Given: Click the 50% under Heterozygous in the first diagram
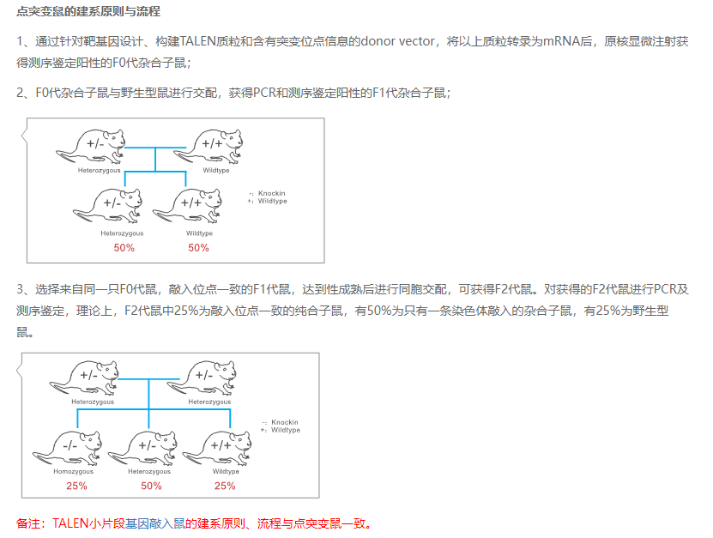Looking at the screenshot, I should pos(124,248).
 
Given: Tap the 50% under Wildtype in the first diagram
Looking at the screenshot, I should pos(198,248).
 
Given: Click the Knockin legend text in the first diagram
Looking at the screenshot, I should pos(271,195).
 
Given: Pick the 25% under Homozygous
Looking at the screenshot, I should pos(76,486).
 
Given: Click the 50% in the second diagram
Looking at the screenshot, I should pos(151,486).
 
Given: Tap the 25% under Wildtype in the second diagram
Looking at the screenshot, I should pos(225,486).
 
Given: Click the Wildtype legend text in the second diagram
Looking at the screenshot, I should pos(285,430).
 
